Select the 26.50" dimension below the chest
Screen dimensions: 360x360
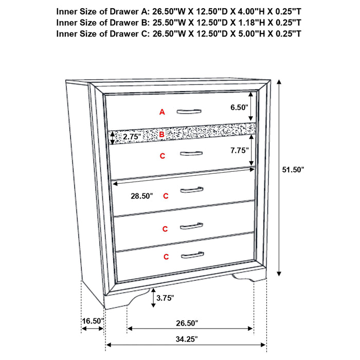click(186, 323)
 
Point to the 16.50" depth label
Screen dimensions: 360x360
click(93, 321)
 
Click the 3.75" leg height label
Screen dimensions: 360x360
click(165, 298)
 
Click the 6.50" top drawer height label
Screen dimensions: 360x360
click(240, 107)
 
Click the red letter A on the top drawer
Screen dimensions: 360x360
click(162, 112)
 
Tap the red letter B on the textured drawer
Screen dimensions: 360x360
click(161, 135)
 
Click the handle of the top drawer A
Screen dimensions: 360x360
click(190, 111)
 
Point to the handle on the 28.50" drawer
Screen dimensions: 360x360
click(192, 190)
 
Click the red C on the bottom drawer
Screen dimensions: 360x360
click(166, 256)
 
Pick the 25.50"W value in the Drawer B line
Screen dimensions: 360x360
click(167, 22)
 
